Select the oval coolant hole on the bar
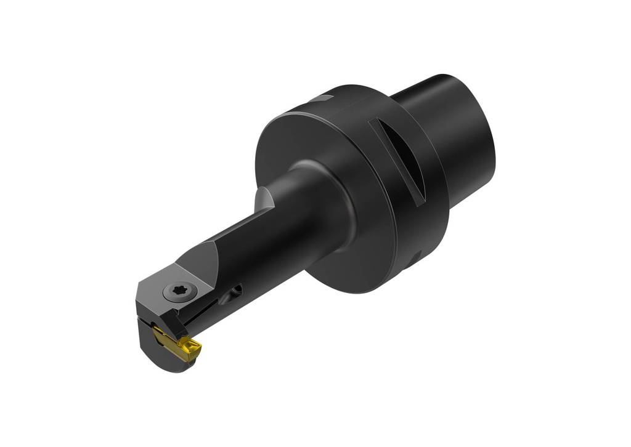234,292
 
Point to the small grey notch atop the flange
321,99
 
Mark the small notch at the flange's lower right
416,256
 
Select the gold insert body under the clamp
169,338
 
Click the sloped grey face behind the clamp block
203,259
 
